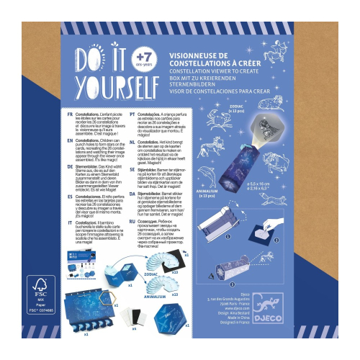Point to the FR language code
(70, 114)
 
